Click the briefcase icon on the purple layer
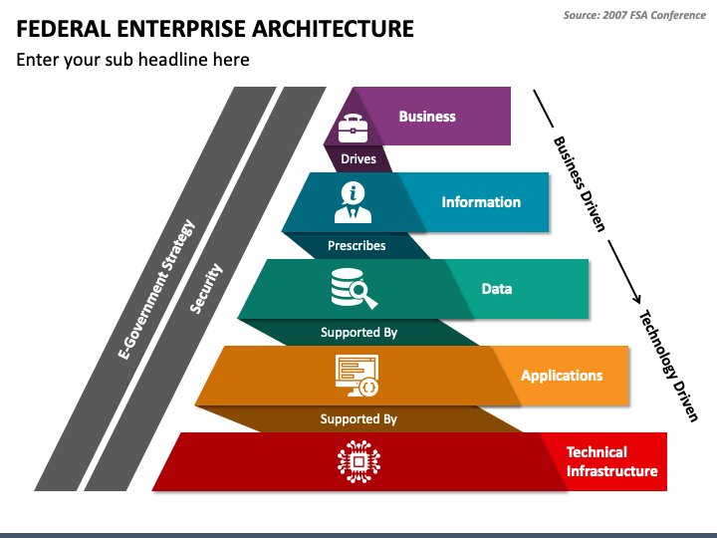pos(353,128)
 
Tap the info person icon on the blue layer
pos(353,201)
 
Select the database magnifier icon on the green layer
pos(354,288)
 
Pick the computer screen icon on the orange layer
pos(357,376)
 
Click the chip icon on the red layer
pos(358,461)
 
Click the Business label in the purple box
pos(427,117)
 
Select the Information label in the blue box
pos(481,202)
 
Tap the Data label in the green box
pos(497,289)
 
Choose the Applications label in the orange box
pos(562,376)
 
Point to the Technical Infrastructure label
pos(611,461)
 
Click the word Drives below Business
pos(358,159)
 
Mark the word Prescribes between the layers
pos(357,245)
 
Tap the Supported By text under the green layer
pos(358,333)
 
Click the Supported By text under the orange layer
pos(358,419)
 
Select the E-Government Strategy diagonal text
pos(156,289)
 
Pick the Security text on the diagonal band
pos(206,289)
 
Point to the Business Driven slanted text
pos(580,184)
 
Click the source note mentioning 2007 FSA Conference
pos(634,15)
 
